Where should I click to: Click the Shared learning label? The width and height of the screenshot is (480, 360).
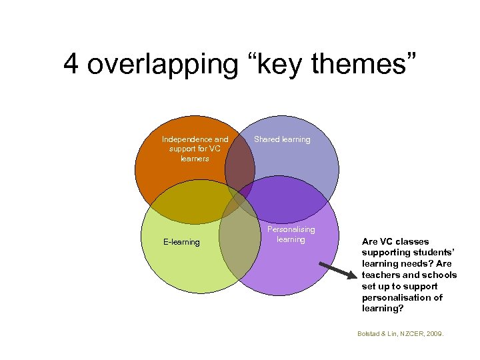(x=282, y=139)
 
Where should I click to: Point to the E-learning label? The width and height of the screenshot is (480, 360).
(x=181, y=242)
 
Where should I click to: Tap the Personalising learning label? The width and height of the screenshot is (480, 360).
(x=291, y=234)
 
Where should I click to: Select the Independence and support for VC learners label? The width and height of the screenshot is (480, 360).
(x=195, y=149)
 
